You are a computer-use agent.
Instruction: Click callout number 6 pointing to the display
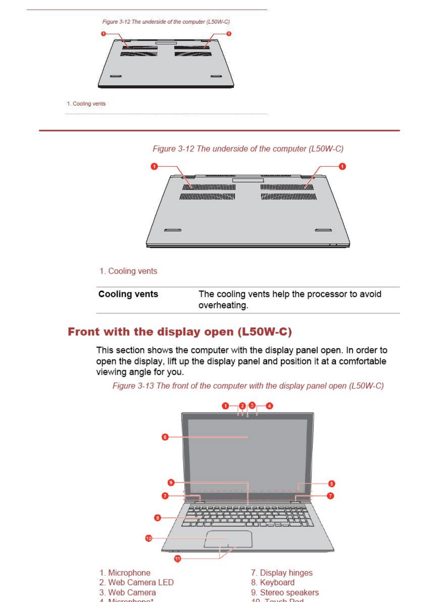click(165, 437)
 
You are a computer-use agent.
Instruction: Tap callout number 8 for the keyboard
click(157, 518)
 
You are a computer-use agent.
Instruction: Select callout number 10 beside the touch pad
click(148, 538)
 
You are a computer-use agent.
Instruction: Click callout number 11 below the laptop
click(177, 559)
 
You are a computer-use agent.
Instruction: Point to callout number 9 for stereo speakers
click(171, 482)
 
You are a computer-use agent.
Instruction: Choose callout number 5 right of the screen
click(332, 484)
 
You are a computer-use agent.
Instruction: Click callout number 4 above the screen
click(269, 406)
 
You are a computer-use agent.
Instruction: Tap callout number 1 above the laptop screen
click(225, 406)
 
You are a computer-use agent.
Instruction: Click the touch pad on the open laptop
click(228, 539)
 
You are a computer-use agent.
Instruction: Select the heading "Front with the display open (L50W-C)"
click(180, 332)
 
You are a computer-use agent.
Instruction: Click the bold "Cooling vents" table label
click(128, 294)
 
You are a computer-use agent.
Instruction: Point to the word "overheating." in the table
click(223, 305)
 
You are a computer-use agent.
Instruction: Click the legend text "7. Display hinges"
click(282, 573)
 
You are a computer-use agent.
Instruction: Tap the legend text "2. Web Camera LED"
click(136, 582)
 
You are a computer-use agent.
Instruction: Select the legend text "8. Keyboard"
click(273, 582)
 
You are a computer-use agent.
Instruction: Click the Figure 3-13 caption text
click(248, 386)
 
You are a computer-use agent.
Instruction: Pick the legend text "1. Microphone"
click(125, 573)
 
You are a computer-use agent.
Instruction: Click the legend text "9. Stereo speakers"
click(285, 592)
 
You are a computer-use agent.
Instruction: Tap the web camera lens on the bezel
click(247, 416)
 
